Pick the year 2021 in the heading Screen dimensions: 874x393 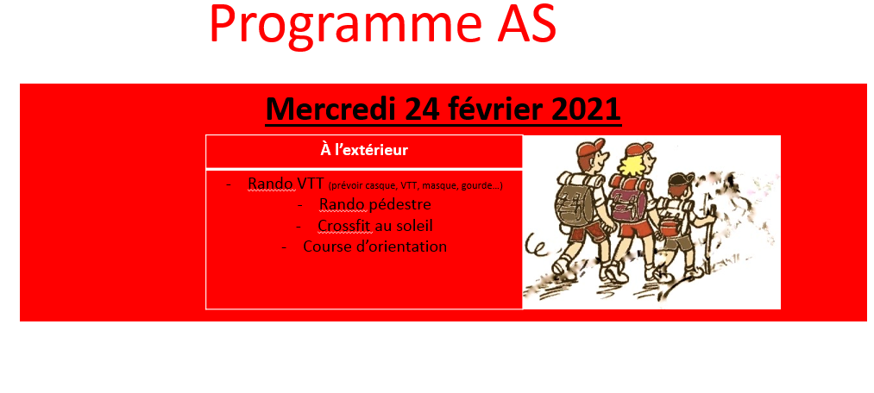coord(587,109)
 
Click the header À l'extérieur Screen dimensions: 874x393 coord(364,150)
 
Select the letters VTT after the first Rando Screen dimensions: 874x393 coord(311,184)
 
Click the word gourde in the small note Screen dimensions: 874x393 coord(481,186)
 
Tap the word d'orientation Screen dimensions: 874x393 coord(398,246)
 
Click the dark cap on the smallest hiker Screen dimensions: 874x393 coord(681,178)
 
